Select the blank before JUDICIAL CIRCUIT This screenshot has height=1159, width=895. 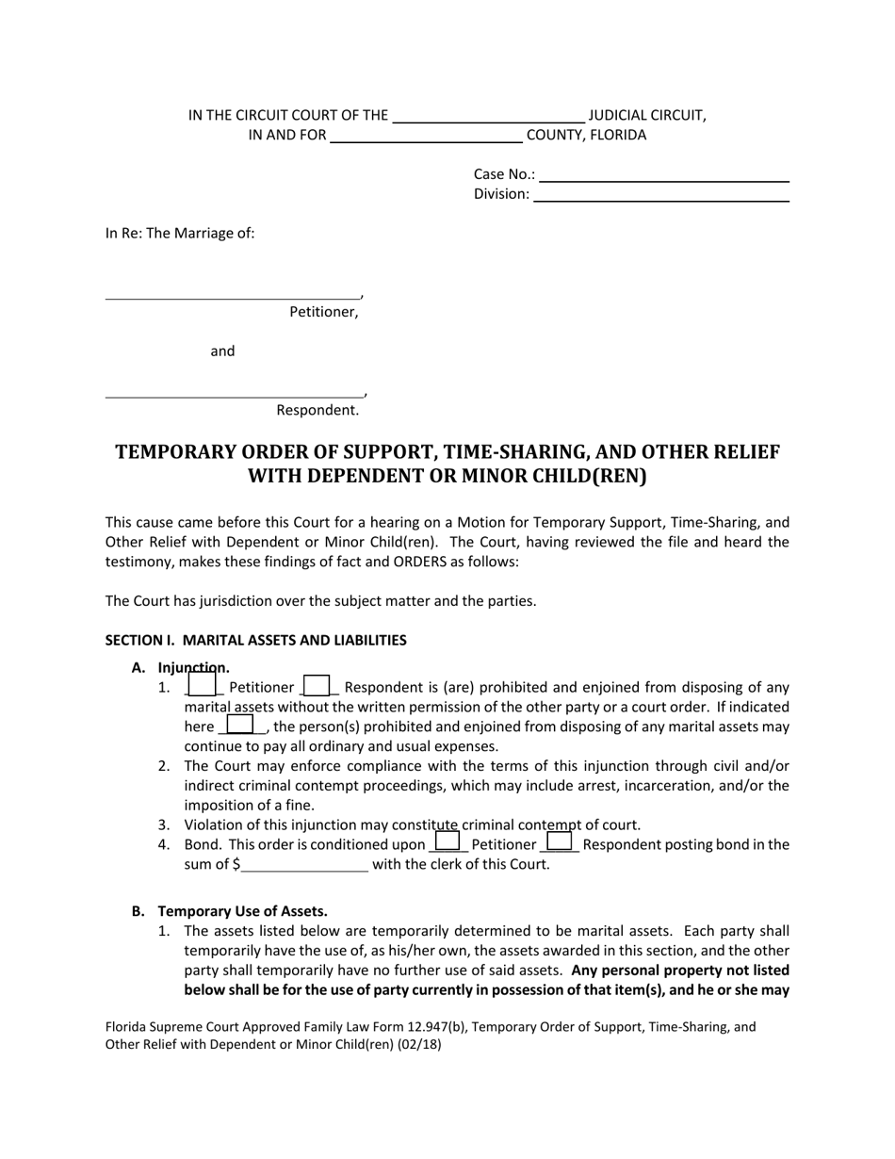[488, 117]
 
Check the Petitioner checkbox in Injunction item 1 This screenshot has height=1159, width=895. [203, 686]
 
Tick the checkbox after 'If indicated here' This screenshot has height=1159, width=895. [241, 726]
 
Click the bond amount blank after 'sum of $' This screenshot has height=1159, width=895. [305, 865]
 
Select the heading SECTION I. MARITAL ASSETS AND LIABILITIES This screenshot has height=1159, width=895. [255, 641]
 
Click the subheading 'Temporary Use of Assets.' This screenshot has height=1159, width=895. [243, 911]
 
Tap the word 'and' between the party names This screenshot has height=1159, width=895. [222, 351]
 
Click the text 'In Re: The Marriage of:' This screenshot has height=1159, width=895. [180, 234]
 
